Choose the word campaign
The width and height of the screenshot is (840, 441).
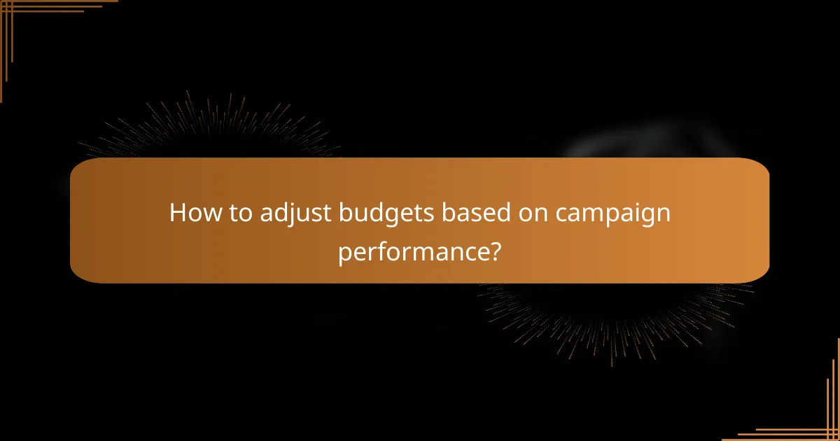(x=613, y=214)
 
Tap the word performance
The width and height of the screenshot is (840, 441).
(x=411, y=253)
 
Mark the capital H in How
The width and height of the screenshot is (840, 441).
(x=178, y=213)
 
